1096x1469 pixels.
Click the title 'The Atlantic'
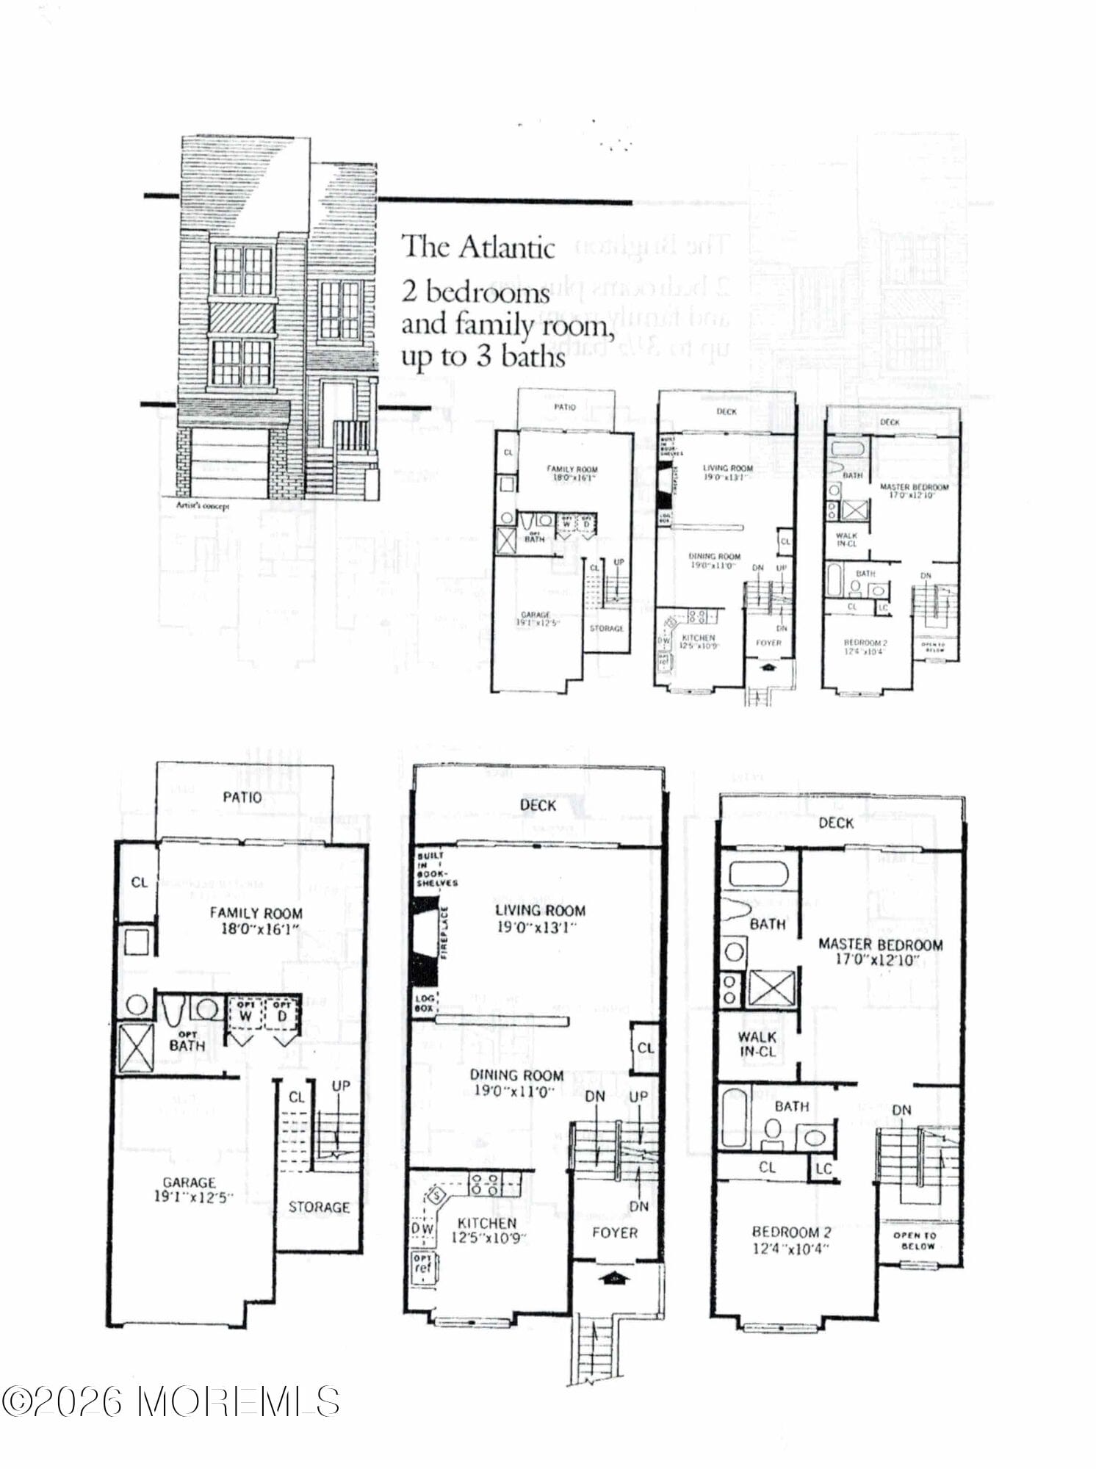(477, 248)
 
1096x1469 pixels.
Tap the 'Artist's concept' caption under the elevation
(202, 506)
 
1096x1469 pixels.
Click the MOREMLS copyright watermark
(170, 1401)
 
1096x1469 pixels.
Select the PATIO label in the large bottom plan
(242, 797)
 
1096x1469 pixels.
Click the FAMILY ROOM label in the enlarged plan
(256, 913)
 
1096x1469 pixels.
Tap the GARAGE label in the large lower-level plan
(189, 1183)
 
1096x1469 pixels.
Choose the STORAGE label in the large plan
(319, 1207)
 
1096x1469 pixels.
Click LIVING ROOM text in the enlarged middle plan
(540, 911)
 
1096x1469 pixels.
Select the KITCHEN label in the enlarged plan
(487, 1223)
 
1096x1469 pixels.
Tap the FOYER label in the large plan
(615, 1232)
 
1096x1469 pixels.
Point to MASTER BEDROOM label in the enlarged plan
(880, 945)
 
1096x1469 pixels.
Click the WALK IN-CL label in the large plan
(757, 1044)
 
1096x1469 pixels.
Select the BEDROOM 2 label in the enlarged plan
(791, 1232)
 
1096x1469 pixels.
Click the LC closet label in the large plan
(823, 1168)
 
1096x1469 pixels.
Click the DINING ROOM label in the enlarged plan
(516, 1075)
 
